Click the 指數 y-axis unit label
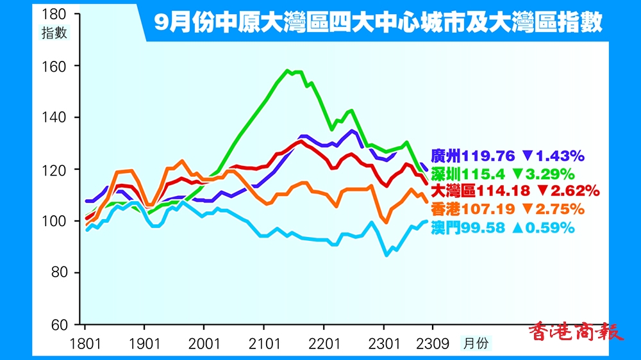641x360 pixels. click(x=54, y=34)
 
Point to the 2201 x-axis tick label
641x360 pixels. click(x=324, y=343)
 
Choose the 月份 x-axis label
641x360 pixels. click(x=475, y=343)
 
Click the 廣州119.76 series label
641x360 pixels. click(x=474, y=156)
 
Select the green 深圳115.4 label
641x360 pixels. click(x=470, y=174)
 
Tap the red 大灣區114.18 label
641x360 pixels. click(x=481, y=191)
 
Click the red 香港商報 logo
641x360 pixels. click(x=576, y=332)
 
